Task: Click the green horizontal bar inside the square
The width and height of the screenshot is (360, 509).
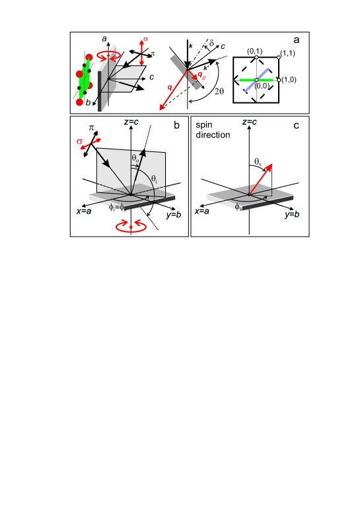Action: tap(256, 80)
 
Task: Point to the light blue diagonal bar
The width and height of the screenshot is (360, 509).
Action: tap(256, 80)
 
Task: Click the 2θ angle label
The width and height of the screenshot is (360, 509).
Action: tap(219, 91)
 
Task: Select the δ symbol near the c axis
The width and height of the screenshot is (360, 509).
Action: tap(212, 42)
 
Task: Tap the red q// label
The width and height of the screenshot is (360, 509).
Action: tap(201, 75)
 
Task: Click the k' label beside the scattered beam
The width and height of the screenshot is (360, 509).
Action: tap(206, 68)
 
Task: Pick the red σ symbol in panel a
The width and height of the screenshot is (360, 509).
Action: tap(145, 39)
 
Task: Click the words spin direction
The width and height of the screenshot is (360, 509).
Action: tap(213, 130)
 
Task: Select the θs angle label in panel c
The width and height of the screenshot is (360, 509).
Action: tap(258, 161)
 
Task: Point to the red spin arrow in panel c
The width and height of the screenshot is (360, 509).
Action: tap(260, 179)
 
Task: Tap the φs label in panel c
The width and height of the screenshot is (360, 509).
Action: tap(238, 207)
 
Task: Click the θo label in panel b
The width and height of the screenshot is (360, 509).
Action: tap(135, 159)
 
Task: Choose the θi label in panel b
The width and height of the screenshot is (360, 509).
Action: tap(154, 178)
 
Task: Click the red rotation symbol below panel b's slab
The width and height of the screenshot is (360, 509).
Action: tap(131, 226)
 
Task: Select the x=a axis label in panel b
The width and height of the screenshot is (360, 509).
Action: tap(84, 212)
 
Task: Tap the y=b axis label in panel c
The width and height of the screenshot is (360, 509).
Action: tap(292, 214)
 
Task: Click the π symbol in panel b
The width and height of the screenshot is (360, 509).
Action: tap(91, 128)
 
